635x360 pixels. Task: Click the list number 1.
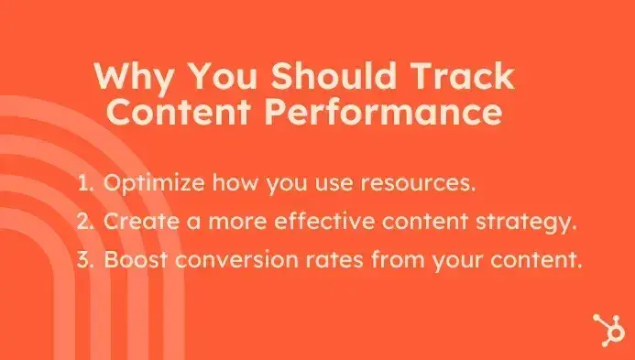86,181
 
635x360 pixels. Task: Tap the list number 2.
86,221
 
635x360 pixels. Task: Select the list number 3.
86,259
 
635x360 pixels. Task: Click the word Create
141,221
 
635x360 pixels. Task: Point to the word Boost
135,259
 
